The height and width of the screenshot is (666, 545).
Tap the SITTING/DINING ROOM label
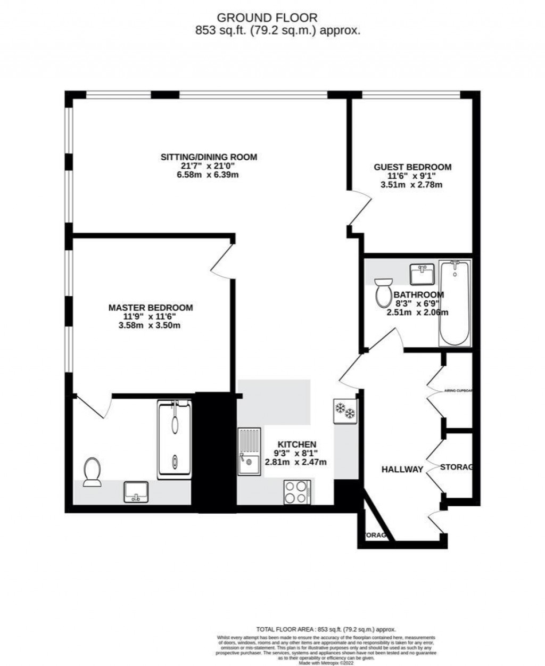click(x=209, y=157)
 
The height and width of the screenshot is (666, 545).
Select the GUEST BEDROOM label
click(x=412, y=167)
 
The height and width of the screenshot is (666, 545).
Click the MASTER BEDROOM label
click(x=150, y=308)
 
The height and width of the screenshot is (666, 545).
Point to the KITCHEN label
click(x=296, y=444)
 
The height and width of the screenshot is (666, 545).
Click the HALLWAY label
click(x=402, y=470)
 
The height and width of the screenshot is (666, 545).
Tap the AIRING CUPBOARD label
click(x=458, y=390)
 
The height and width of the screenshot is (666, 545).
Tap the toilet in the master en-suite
click(x=93, y=472)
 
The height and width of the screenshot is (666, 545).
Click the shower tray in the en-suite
click(x=175, y=440)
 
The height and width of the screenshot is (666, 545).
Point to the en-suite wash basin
click(x=137, y=492)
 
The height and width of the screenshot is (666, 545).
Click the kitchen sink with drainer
click(x=249, y=451)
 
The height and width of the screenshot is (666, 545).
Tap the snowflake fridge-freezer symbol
click(x=345, y=412)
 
